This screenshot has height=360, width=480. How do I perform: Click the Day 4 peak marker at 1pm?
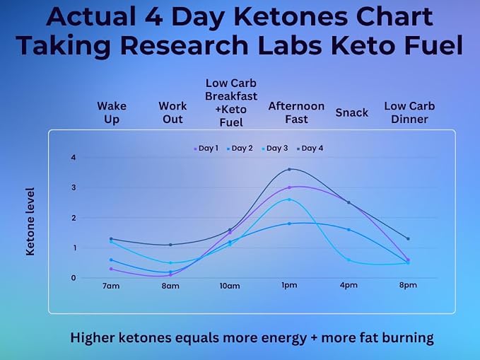(x=289, y=169)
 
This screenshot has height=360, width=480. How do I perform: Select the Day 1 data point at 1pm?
(x=289, y=187)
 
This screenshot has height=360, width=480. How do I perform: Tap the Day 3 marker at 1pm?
(x=289, y=199)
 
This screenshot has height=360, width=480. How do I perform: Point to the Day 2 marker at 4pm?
(x=349, y=229)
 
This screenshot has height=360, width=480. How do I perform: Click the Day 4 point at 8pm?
(x=408, y=238)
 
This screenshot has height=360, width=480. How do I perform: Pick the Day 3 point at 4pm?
(x=349, y=260)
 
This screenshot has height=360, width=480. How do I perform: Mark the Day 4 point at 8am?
(x=170, y=245)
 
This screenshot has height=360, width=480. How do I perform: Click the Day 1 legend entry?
(x=206, y=149)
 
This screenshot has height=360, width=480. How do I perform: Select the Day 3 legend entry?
(x=275, y=149)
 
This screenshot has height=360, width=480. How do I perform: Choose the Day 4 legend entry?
(x=310, y=149)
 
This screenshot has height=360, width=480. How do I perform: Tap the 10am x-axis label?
(x=230, y=286)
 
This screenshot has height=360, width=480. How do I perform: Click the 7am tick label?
(x=111, y=286)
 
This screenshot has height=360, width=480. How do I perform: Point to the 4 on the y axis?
(x=73, y=158)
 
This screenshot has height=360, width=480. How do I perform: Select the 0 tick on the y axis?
(x=73, y=278)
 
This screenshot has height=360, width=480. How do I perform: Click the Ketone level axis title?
(x=30, y=221)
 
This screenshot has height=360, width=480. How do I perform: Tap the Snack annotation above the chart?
(x=352, y=112)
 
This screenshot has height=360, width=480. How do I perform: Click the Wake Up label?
(x=112, y=112)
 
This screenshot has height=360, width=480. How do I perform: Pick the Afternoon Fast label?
(x=296, y=112)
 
